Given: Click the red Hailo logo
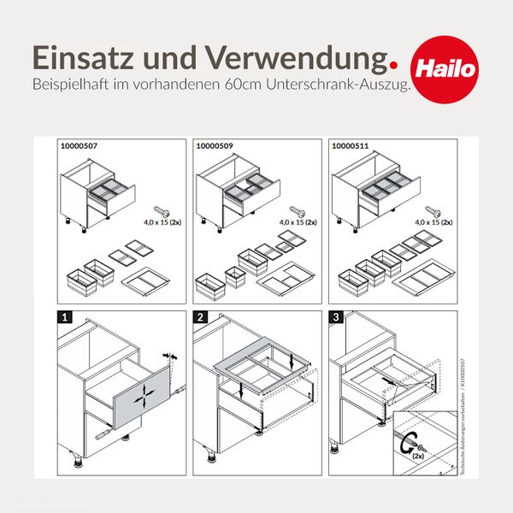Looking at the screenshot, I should pyautogui.click(x=445, y=66).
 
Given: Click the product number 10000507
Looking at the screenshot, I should pyautogui.click(x=80, y=147).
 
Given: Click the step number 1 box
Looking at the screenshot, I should pyautogui.click(x=63, y=318).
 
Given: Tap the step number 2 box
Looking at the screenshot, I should pyautogui.click(x=199, y=318).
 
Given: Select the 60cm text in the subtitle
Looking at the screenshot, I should pyautogui.click(x=244, y=86).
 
